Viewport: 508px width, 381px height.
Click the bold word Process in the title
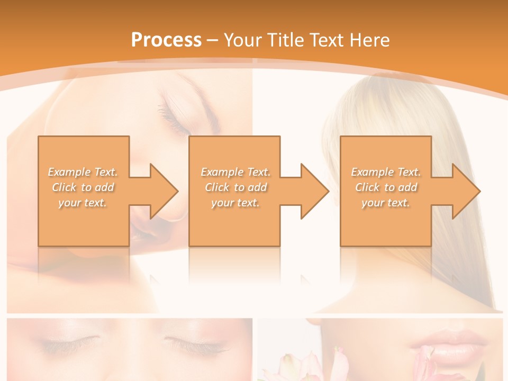click(x=166, y=40)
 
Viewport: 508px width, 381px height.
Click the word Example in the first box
click(x=69, y=172)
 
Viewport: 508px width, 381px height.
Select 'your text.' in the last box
click(x=386, y=203)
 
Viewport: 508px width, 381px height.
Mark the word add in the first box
click(x=105, y=187)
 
